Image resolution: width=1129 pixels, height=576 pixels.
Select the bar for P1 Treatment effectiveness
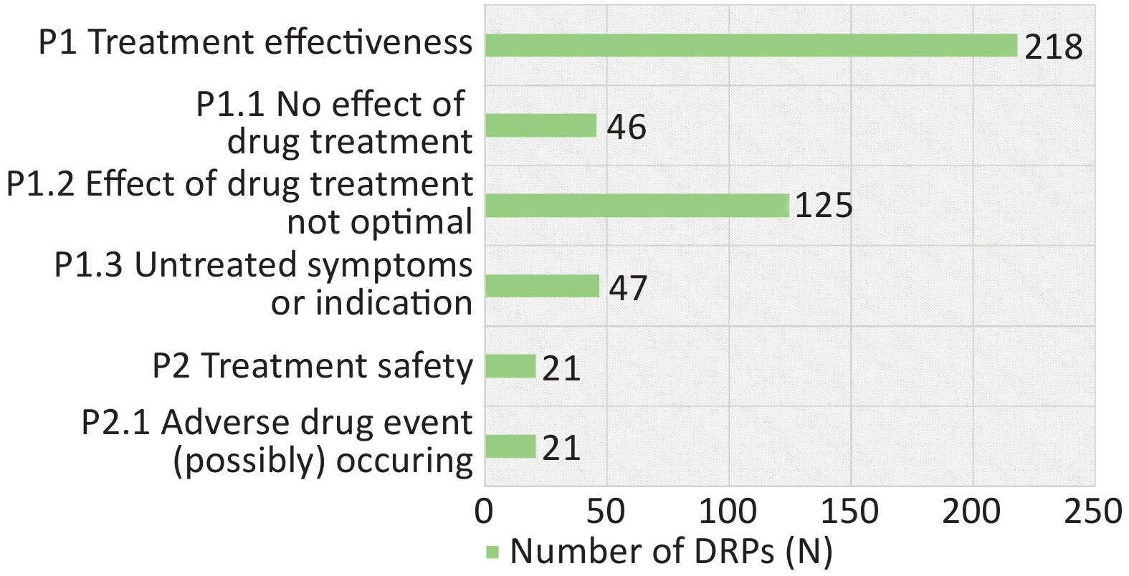tap(751, 45)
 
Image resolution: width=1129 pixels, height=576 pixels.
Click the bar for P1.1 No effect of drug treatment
tap(540, 125)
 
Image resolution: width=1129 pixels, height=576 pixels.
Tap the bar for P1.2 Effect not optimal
tap(637, 206)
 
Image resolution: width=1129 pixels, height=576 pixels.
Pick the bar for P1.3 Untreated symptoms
tap(543, 286)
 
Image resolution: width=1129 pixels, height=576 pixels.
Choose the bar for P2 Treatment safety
tap(510, 366)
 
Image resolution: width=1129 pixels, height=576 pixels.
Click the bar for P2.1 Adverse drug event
tap(510, 446)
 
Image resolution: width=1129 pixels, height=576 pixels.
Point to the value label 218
tap(1054, 47)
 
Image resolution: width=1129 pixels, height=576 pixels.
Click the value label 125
tap(824, 206)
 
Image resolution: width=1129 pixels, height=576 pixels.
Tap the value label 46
tap(626, 127)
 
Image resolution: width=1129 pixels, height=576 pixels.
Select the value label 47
tap(628, 288)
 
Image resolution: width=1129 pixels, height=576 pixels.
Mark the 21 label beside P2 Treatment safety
tap(561, 368)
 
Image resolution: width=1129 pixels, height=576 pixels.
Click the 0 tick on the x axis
tap(484, 512)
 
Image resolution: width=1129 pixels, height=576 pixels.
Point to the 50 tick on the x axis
tap(606, 512)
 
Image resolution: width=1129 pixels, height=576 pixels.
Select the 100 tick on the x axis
tap(728, 512)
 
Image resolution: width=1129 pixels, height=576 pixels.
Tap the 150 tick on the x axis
tap(850, 512)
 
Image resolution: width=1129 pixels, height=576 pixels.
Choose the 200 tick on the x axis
tap(972, 512)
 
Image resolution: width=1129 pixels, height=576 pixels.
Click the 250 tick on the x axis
tap(1094, 512)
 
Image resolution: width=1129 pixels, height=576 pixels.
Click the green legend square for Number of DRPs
tap(492, 552)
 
